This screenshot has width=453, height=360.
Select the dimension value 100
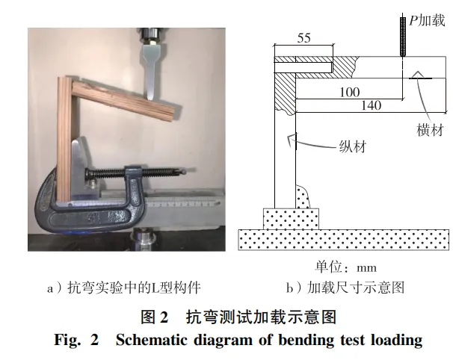click(349, 92)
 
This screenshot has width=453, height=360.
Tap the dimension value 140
click(371, 106)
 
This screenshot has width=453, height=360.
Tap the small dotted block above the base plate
click(291, 218)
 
